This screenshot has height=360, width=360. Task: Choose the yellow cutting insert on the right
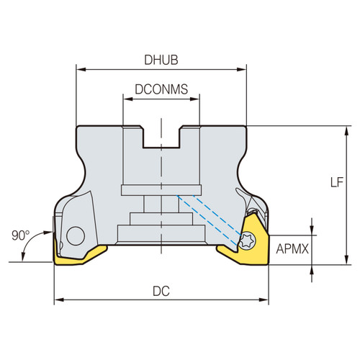tap(245, 248)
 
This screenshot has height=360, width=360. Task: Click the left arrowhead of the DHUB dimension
tap(80, 70)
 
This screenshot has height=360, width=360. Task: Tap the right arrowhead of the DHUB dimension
tap(243, 70)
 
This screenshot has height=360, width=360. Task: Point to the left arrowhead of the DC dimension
tap(58, 299)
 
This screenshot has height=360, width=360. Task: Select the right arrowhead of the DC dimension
tap(266, 299)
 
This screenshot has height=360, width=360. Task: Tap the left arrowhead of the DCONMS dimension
tap(126, 99)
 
